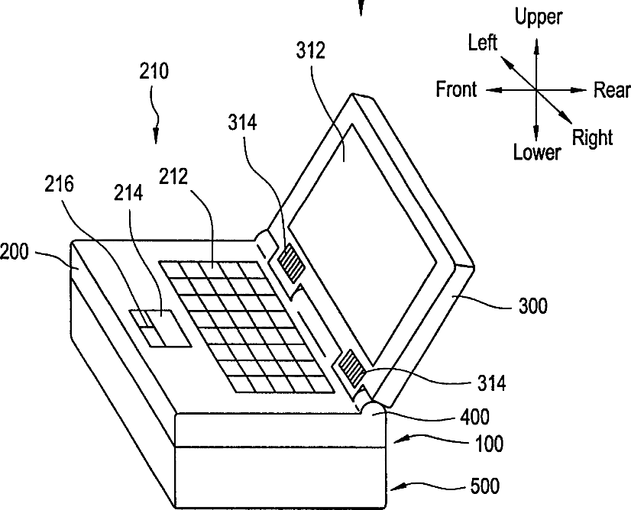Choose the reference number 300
tap(532, 306)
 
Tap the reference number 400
tap(474, 417)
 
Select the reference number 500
tap(484, 486)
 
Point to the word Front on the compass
tap(456, 89)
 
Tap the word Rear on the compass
tap(612, 91)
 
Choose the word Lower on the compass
tap(536, 153)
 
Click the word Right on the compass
tap(593, 137)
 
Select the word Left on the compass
tap(482, 42)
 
